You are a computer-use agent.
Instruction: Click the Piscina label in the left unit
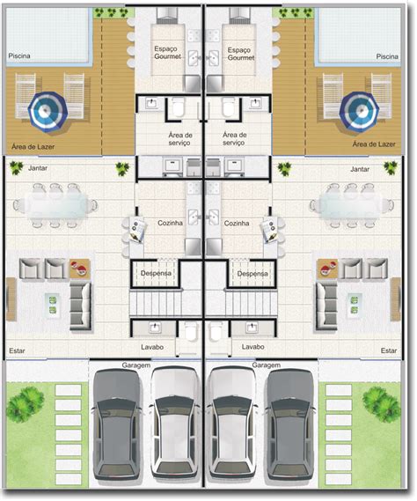(x=19, y=56)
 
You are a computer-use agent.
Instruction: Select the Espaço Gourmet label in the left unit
(x=168, y=53)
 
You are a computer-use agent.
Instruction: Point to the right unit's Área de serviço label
(x=234, y=138)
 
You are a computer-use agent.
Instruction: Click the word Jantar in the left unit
(x=38, y=168)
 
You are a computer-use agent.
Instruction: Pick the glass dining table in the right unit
(x=351, y=204)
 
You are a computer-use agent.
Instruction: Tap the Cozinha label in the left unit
(x=170, y=223)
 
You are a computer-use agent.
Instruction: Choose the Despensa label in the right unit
(x=252, y=274)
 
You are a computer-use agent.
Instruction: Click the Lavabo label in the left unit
(x=152, y=347)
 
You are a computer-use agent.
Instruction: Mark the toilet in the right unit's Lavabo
(x=216, y=332)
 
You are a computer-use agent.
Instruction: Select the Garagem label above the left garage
(x=136, y=365)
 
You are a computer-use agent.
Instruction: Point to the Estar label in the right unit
(x=389, y=350)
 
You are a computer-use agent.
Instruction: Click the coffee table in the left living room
(x=53, y=305)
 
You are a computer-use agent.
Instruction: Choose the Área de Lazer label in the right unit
(x=374, y=144)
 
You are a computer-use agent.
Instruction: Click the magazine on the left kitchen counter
(x=138, y=230)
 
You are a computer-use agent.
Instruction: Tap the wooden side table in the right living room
(x=326, y=269)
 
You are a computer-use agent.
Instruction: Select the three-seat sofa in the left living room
(x=80, y=306)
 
